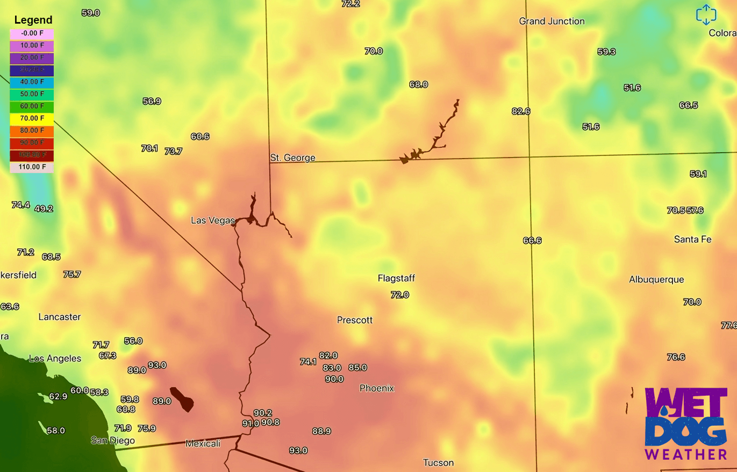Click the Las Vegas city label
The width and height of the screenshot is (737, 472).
pos(213,220)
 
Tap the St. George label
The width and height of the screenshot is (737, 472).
pos(292,158)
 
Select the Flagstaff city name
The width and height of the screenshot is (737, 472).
pos(396,278)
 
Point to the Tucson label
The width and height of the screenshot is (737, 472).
pos(438,462)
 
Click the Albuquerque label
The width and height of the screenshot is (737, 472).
pos(656,280)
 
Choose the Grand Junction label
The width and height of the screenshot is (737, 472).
pos(552,22)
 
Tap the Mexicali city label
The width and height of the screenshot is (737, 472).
pos(203,444)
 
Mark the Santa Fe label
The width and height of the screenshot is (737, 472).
pos(692,239)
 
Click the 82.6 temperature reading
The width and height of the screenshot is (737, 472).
pos(521,111)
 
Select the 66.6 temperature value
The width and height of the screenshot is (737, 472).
pos(532,240)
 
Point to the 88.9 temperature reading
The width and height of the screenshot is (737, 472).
pos(321,431)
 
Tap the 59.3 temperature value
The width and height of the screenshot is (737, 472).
pos(606,52)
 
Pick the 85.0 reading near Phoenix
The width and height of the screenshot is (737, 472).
pos(357,368)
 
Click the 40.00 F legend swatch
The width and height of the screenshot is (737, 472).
pos(32,82)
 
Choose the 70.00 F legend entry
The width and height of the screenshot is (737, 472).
pos(32,118)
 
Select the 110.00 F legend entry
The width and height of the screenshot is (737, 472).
pos(32,167)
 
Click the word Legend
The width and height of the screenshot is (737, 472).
pos(33,20)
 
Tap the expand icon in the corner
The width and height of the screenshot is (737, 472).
pos(706,15)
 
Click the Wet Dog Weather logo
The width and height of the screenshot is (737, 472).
pos(686,425)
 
